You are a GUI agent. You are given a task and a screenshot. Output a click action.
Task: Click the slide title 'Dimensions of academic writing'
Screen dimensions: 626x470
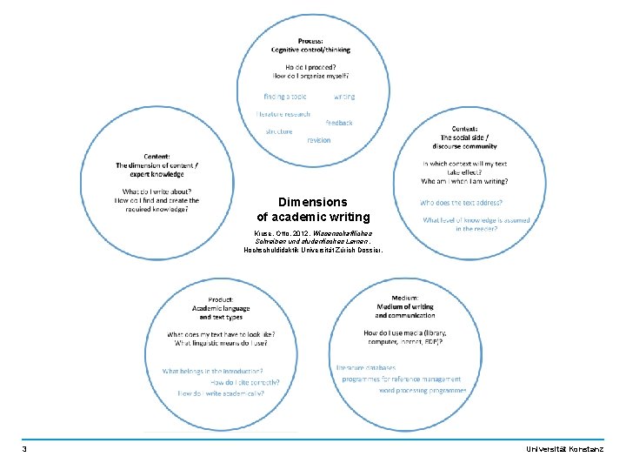coord(313,209)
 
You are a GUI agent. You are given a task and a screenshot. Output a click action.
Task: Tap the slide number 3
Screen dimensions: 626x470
coord(24,449)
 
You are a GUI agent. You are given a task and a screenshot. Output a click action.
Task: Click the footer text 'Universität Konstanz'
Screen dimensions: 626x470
coord(569,449)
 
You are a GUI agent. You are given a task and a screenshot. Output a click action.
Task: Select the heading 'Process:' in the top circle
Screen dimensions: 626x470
coord(311,41)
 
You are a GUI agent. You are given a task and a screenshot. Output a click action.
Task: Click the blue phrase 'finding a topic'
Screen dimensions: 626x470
coord(285,97)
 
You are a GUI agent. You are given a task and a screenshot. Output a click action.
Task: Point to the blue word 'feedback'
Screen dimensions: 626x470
coord(339,123)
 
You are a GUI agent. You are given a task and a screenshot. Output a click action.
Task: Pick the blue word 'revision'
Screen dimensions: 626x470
coord(318,139)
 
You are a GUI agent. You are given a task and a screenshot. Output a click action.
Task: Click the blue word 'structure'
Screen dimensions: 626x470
coord(279,131)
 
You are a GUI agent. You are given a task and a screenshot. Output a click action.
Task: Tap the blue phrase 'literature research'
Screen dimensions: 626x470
coord(283,114)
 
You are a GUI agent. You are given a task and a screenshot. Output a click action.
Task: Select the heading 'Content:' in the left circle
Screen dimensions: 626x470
coord(156,156)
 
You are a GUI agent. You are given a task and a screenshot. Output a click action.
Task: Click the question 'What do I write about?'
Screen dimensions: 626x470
coord(156,191)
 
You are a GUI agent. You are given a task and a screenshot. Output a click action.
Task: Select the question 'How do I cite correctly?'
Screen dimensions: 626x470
coord(246,382)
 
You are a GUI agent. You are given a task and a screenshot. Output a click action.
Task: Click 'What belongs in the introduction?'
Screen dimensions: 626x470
coord(213,371)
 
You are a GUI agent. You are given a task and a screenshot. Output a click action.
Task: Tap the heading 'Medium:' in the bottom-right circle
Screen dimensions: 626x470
coord(404,298)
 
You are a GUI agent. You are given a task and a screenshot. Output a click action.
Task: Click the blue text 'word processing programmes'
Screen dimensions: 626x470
coord(423,391)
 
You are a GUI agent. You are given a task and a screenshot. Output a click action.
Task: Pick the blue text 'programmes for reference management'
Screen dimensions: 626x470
coord(401,379)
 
